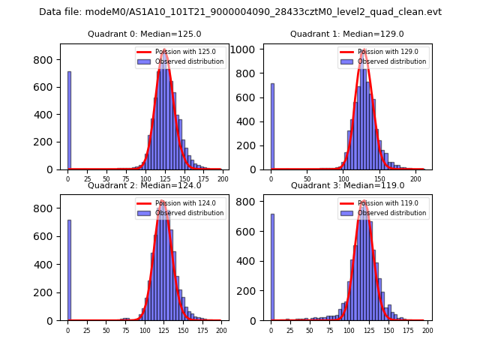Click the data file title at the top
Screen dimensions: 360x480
[240, 12]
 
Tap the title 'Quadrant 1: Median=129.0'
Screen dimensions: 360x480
[346, 34]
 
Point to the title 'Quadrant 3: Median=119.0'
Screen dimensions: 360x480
[346, 185]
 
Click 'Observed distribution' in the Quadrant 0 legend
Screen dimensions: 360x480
[189, 61]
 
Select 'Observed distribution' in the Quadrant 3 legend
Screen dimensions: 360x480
[391, 213]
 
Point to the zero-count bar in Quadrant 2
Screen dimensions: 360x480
[69, 270]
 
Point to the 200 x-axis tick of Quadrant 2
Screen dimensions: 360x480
[220, 330]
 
